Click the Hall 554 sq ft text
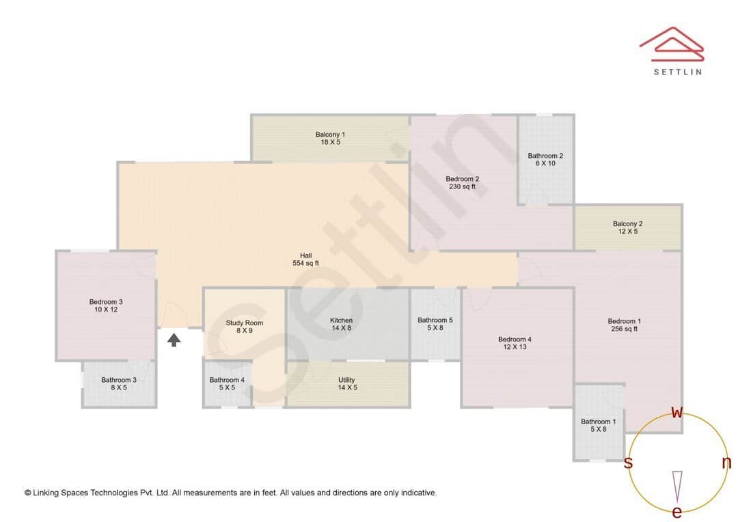(x=305, y=259)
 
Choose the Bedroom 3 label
(x=106, y=305)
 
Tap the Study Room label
(x=244, y=327)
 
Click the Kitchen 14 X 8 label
(x=341, y=324)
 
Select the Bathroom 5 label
(x=435, y=324)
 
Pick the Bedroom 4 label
(x=515, y=343)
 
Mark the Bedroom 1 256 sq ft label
(x=625, y=325)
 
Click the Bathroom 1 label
(x=598, y=425)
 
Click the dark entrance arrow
(x=174, y=339)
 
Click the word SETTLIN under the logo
(x=677, y=72)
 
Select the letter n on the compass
(x=726, y=463)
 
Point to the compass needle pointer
(x=677, y=486)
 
